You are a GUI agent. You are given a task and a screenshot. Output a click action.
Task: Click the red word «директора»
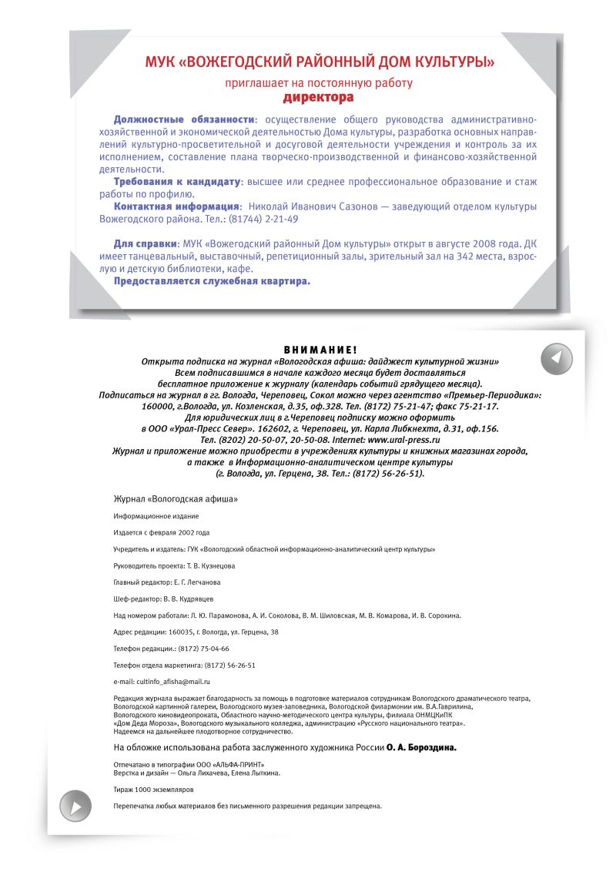[x=318, y=98]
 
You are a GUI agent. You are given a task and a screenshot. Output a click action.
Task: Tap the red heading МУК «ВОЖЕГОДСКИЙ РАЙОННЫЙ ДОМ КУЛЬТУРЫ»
[x=320, y=62]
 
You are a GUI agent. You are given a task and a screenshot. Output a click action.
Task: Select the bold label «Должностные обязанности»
[x=184, y=119]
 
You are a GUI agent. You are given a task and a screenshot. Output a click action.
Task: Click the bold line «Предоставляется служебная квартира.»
[x=212, y=281]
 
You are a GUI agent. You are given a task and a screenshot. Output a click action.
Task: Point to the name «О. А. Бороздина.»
[x=421, y=747]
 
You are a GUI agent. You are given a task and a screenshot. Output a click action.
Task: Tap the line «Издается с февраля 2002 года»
[x=161, y=532]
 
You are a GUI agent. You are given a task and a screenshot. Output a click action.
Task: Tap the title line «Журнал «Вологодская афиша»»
[x=176, y=499]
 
